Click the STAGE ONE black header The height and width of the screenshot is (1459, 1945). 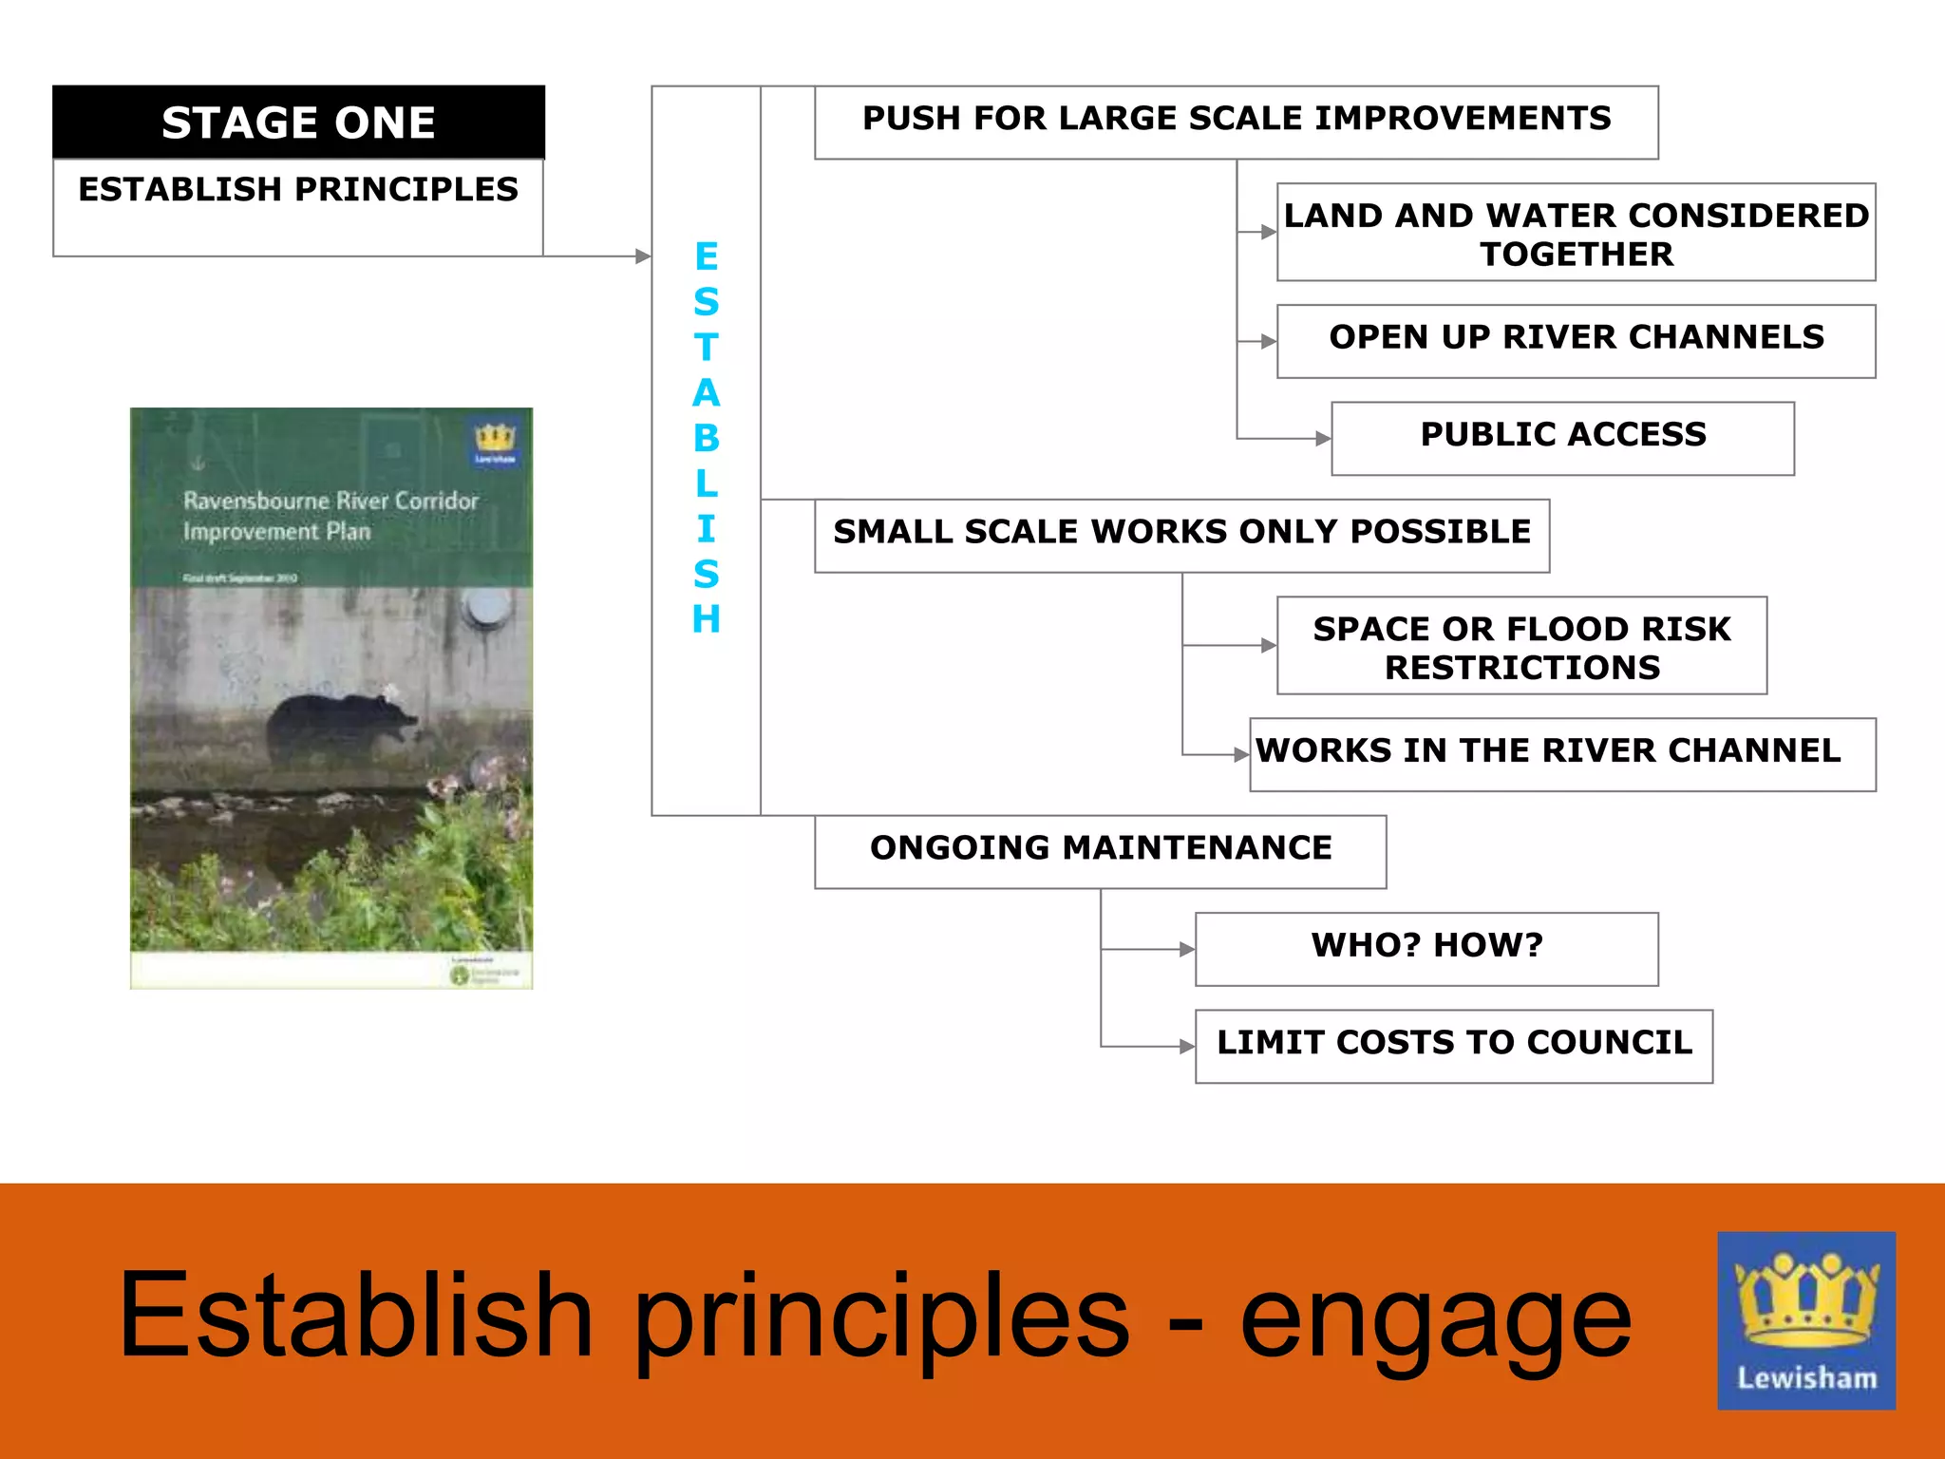[298, 123]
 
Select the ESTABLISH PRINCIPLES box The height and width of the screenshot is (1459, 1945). [298, 206]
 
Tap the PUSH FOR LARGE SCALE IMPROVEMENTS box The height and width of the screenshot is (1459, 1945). [1236, 123]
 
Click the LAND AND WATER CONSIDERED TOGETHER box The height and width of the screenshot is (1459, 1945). [1576, 233]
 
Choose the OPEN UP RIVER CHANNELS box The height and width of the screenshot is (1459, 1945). [1576, 341]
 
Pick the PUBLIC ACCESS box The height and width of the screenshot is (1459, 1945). [1562, 438]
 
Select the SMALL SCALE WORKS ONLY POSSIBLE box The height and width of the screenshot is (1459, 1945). [1181, 535]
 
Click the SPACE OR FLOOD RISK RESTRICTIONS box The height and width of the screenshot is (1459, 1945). [1521, 646]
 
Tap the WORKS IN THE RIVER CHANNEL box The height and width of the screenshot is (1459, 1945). [1562, 754]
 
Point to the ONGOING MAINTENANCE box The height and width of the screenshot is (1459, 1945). [1100, 851]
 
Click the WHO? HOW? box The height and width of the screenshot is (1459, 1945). [1426, 949]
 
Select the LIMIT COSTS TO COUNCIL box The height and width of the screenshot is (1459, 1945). [1453, 1046]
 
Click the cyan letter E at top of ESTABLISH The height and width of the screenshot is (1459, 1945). [706, 256]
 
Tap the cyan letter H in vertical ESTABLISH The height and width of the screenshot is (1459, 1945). [706, 619]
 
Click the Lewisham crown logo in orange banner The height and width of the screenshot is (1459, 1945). [1805, 1319]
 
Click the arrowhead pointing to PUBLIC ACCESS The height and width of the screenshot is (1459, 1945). [1322, 439]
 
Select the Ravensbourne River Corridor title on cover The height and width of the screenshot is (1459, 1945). [330, 515]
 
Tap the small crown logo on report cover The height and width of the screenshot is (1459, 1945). [495, 443]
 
